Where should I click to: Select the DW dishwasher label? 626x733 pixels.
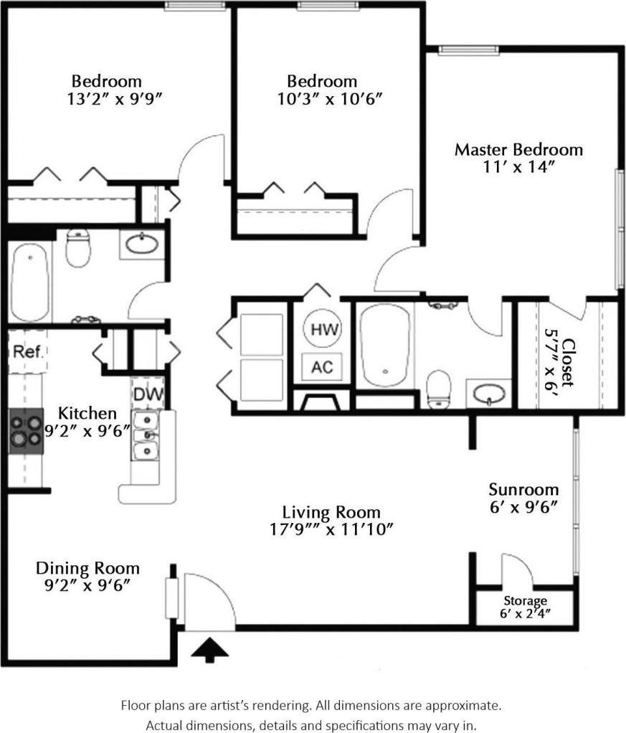(x=148, y=394)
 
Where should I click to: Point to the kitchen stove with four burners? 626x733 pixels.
(x=26, y=430)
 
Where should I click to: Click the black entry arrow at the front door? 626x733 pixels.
(x=210, y=649)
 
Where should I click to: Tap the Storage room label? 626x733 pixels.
(x=525, y=600)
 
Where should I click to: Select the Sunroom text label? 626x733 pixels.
(x=523, y=490)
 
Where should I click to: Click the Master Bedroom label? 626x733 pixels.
(x=519, y=150)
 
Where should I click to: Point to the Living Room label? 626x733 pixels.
(x=331, y=512)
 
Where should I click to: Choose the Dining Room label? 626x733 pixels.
(x=87, y=568)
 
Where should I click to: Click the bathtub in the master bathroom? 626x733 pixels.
(x=385, y=344)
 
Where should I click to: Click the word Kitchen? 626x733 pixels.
(x=87, y=413)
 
